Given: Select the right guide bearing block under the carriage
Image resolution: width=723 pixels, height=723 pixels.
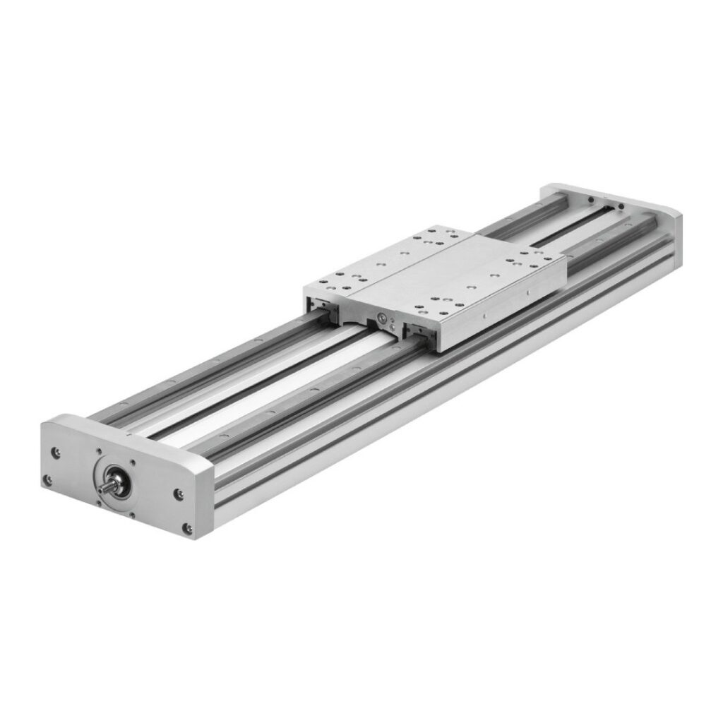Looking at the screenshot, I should point(419,333).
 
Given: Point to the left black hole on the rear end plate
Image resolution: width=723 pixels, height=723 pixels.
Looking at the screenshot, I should point(587,200).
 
